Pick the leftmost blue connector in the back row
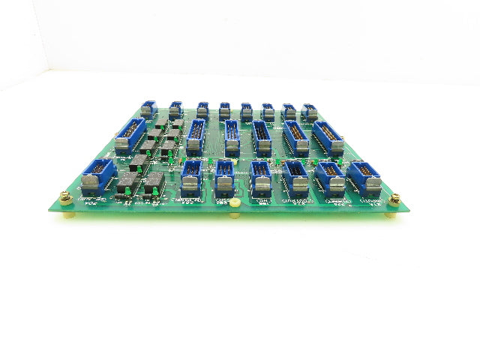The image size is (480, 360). click(148, 110)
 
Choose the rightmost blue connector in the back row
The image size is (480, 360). click(309, 112)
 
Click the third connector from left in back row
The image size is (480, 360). click(202, 111)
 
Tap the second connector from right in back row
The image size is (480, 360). click(288, 112)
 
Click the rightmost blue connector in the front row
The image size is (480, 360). click(364, 177)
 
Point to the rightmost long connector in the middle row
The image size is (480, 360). click(327, 138)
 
